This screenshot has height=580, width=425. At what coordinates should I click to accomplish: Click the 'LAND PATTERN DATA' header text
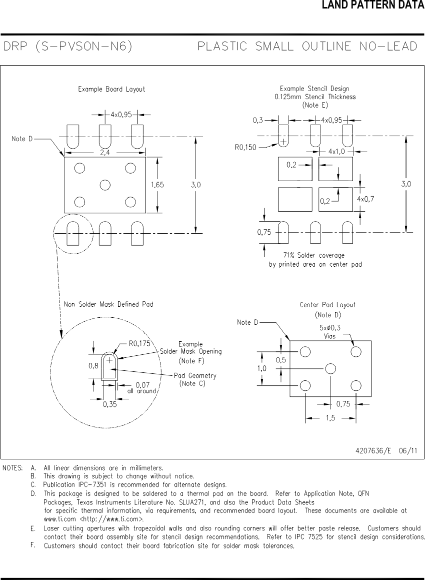[x=372, y=6]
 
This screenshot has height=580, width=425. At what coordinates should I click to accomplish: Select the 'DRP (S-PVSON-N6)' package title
[x=68, y=47]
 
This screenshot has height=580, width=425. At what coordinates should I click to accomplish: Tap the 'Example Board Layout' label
[x=111, y=89]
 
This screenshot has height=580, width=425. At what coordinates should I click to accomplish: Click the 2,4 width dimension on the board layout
[x=105, y=153]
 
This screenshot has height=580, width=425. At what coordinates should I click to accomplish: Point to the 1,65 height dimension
[x=157, y=185]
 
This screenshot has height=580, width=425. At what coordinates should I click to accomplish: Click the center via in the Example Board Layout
[x=104, y=185]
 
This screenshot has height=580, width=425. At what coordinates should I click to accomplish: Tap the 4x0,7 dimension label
[x=365, y=199]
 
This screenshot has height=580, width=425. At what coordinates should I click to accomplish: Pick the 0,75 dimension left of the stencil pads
[x=264, y=232]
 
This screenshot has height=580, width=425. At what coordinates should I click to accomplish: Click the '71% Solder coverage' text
[x=313, y=255]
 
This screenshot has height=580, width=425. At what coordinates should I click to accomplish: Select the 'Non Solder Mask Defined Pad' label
[x=108, y=304]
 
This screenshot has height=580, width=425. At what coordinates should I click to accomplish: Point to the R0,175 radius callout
[x=139, y=344]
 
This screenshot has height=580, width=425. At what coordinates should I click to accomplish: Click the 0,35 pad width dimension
[x=110, y=405]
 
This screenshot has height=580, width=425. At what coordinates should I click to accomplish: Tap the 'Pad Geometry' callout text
[x=195, y=376]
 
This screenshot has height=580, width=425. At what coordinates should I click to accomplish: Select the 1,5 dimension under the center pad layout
[x=330, y=418]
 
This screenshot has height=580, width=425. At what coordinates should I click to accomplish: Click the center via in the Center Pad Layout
[x=330, y=369]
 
